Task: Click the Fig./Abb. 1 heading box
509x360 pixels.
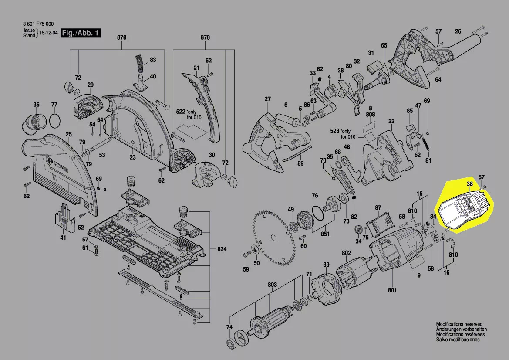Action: [81, 33]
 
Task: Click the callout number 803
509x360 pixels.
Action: [272, 285]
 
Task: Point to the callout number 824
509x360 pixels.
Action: [222, 249]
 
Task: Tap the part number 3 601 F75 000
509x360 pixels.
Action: [38, 24]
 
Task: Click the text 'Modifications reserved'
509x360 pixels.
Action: [459, 324]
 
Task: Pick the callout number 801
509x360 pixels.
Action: [392, 290]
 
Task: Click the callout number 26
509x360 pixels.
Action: [458, 31]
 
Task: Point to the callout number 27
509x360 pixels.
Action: [267, 99]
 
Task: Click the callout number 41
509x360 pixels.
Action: [63, 238]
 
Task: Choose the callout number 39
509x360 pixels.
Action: [326, 265]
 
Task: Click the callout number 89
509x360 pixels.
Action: [300, 163]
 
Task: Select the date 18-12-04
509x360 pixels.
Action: [48, 33]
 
